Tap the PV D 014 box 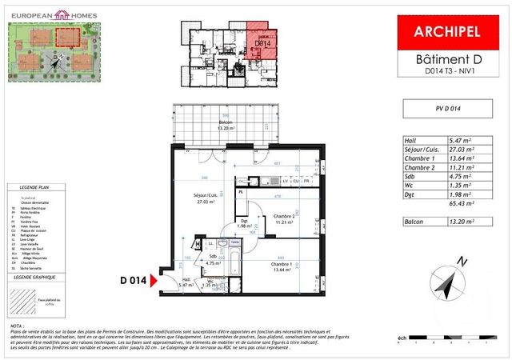[448, 108]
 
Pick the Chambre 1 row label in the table [421, 158]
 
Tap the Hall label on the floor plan [186, 279]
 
